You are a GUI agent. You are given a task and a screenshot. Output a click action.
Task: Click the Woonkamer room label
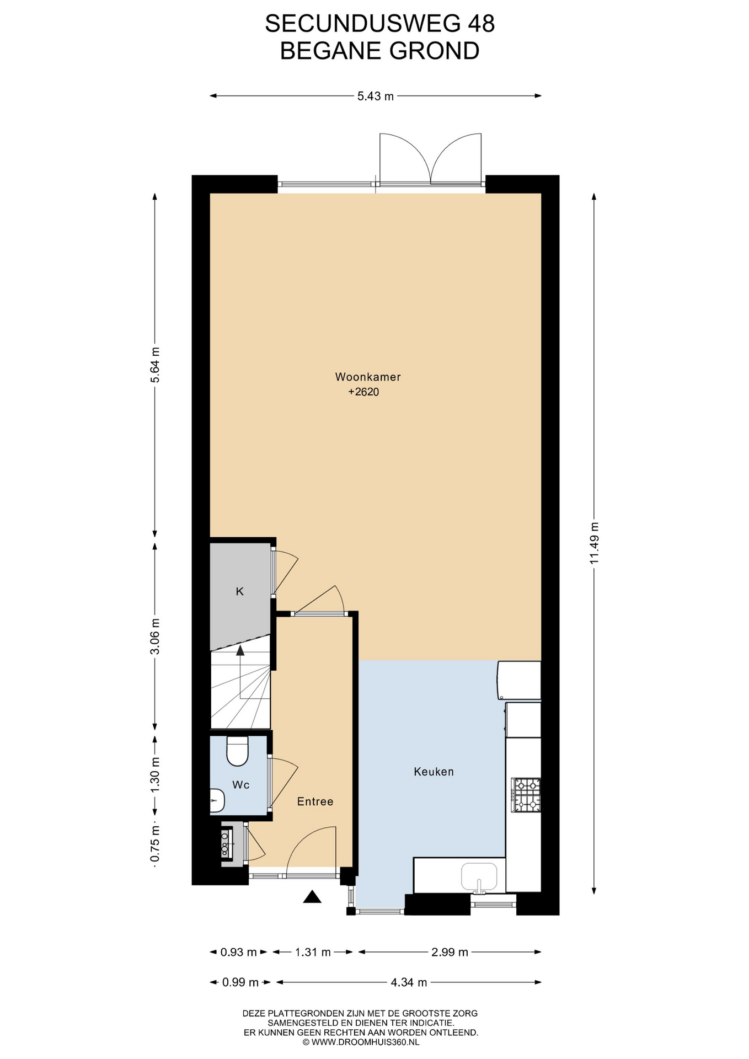(367, 377)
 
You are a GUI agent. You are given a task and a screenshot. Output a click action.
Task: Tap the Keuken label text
(434, 772)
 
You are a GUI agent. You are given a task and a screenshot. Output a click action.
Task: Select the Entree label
(315, 801)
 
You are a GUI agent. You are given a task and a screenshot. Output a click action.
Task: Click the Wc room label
(240, 784)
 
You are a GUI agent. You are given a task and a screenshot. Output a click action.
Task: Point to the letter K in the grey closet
(239, 591)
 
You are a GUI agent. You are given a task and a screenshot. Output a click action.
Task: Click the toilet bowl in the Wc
(238, 751)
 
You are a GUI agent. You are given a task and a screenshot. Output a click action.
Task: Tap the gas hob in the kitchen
(526, 795)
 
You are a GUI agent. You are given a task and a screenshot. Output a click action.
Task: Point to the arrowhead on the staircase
(240, 650)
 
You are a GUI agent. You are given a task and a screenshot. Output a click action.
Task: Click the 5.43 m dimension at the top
(376, 96)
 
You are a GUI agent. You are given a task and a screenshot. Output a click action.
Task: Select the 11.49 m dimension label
(594, 543)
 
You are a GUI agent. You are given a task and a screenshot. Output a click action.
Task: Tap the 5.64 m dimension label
(155, 365)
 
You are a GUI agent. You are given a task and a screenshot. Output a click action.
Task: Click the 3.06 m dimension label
(155, 636)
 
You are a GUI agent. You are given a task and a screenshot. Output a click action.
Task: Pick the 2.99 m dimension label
(450, 952)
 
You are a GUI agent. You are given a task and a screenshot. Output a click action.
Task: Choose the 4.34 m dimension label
(409, 982)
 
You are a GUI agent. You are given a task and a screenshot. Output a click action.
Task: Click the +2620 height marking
(363, 392)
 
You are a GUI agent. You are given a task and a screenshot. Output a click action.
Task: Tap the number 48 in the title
(481, 24)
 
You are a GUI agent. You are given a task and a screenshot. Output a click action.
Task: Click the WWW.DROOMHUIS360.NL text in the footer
(365, 1042)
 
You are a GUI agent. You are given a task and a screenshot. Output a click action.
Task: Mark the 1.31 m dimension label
(313, 952)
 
